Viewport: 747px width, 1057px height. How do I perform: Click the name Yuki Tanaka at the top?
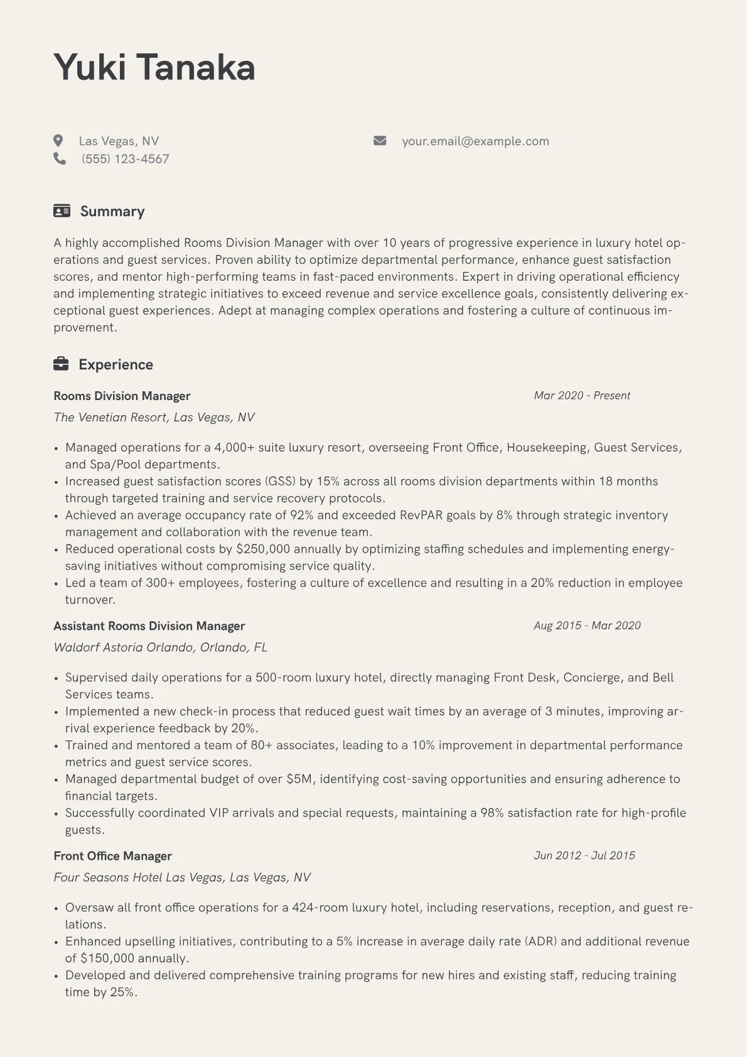tap(154, 67)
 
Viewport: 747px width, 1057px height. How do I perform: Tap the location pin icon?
tap(58, 141)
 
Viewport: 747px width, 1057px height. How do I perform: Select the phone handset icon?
tap(60, 159)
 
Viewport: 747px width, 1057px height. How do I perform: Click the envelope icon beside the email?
tap(380, 141)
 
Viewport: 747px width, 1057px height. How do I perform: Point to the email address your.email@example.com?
tap(475, 141)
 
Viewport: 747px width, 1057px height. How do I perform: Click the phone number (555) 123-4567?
tap(126, 159)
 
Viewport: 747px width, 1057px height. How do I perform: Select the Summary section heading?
tap(112, 211)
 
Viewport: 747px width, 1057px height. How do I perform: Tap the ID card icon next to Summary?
tap(62, 211)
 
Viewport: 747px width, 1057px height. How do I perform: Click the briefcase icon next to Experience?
tap(61, 364)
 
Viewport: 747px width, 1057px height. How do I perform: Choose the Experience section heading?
tap(116, 365)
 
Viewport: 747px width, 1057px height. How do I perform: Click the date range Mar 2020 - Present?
tap(582, 396)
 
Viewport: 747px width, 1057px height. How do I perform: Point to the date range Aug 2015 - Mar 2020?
tap(587, 626)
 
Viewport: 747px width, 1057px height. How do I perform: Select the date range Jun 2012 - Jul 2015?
tap(584, 855)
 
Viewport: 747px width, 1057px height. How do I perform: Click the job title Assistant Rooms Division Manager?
tap(149, 626)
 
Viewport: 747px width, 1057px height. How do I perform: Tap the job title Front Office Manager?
tap(112, 856)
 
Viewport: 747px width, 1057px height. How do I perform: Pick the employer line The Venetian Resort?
tap(154, 418)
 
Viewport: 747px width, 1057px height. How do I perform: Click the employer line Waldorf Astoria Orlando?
tap(160, 648)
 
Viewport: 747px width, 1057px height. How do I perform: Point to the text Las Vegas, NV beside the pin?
tap(119, 141)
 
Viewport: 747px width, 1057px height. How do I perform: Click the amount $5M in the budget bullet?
tap(299, 779)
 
